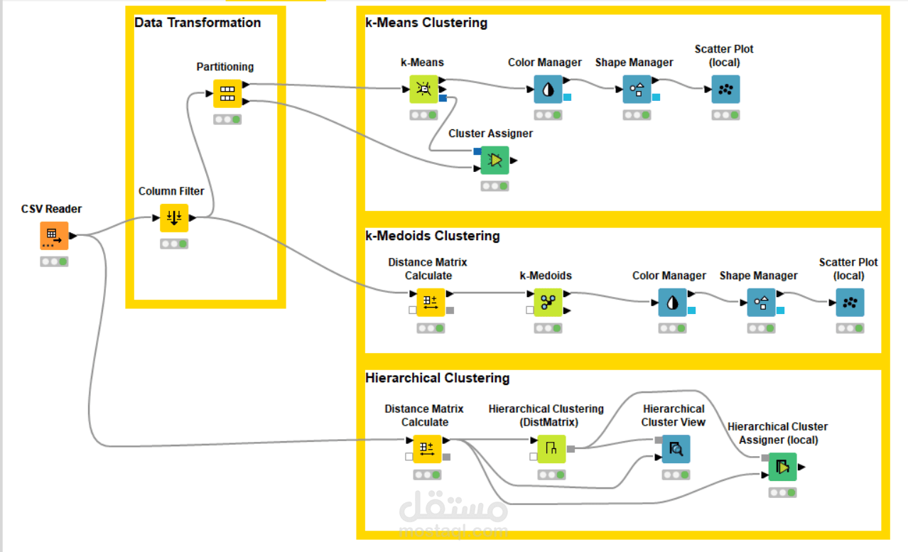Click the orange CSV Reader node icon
pos(54,235)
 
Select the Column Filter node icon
pos(174,218)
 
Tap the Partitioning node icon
pos(227,93)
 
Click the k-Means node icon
pos(423,90)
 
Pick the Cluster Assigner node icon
pos(495,160)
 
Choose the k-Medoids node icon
pos(548,303)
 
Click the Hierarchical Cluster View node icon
pos(676,449)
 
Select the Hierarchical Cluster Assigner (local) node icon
pos(782,467)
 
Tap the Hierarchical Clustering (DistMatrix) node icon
pos(551,449)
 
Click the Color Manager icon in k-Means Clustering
pos(548,90)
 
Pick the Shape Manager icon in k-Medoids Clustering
pos(761,303)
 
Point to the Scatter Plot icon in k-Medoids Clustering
pos(850,303)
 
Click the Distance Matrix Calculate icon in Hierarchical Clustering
pos(427,449)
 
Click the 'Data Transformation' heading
pos(198,23)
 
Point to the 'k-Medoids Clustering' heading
pos(433,236)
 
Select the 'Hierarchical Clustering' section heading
pos(437,378)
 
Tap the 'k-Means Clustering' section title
pos(426,23)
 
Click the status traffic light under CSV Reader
pos(54,261)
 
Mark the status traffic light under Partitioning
pos(227,119)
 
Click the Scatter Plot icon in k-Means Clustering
pos(725,90)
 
